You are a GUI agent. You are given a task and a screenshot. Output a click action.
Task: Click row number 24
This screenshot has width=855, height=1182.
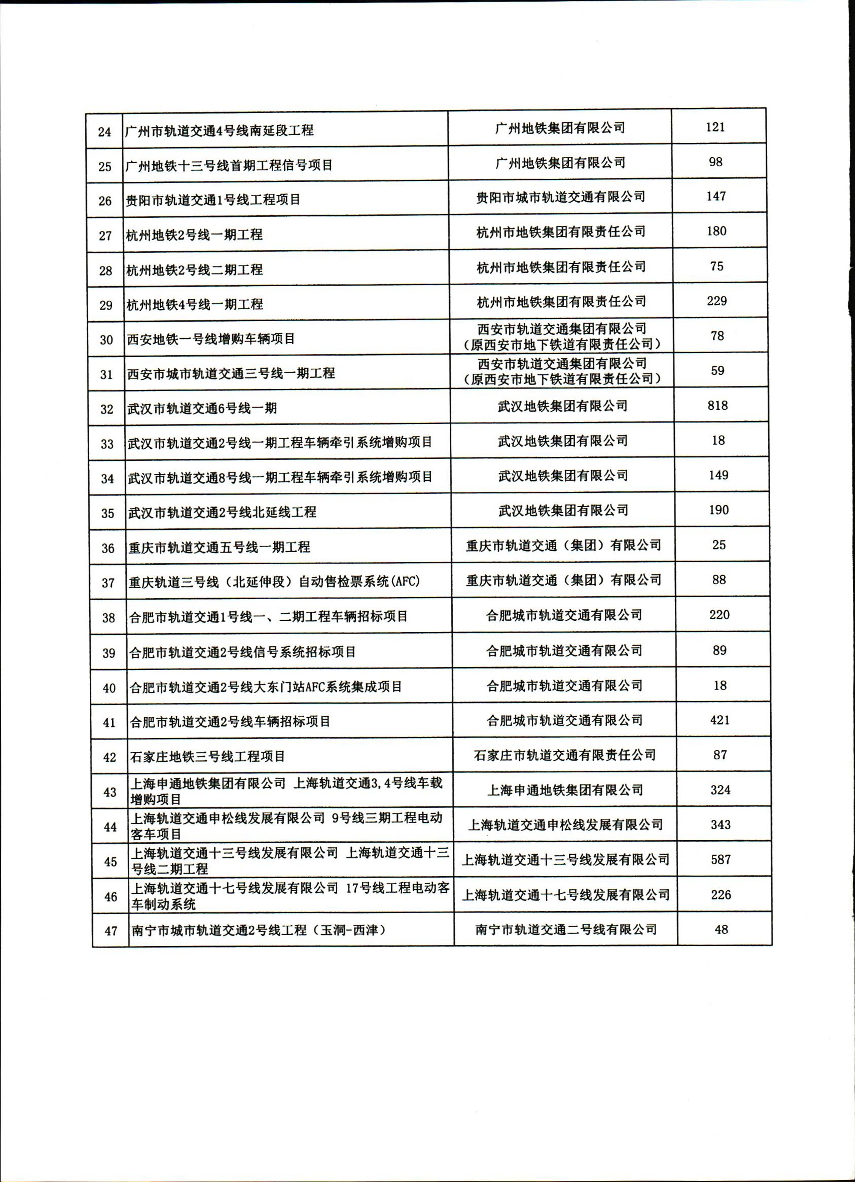[105, 131]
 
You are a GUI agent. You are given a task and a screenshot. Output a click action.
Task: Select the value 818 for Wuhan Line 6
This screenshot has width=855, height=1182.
[718, 406]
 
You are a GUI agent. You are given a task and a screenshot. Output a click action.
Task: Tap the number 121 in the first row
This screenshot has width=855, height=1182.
[715, 127]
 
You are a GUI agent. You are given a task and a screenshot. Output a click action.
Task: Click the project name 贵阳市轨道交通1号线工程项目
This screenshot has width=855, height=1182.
[213, 200]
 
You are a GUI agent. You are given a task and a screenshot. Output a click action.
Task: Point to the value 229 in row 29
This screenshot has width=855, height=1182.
[717, 301]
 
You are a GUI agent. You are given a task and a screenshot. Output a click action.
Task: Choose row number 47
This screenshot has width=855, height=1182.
[111, 930]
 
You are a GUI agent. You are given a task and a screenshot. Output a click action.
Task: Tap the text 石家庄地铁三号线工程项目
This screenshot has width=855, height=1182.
[208, 756]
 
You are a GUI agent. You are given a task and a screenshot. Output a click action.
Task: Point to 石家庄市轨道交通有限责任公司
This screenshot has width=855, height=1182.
[565, 754]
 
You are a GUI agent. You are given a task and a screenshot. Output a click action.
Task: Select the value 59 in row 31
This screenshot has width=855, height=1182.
[718, 371]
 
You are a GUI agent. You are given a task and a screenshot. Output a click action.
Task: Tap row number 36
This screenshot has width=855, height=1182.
[108, 548]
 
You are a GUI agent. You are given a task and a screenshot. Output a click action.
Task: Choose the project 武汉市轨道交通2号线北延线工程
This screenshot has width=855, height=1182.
[223, 512]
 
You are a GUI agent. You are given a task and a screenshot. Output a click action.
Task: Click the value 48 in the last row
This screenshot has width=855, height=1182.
[721, 929]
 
